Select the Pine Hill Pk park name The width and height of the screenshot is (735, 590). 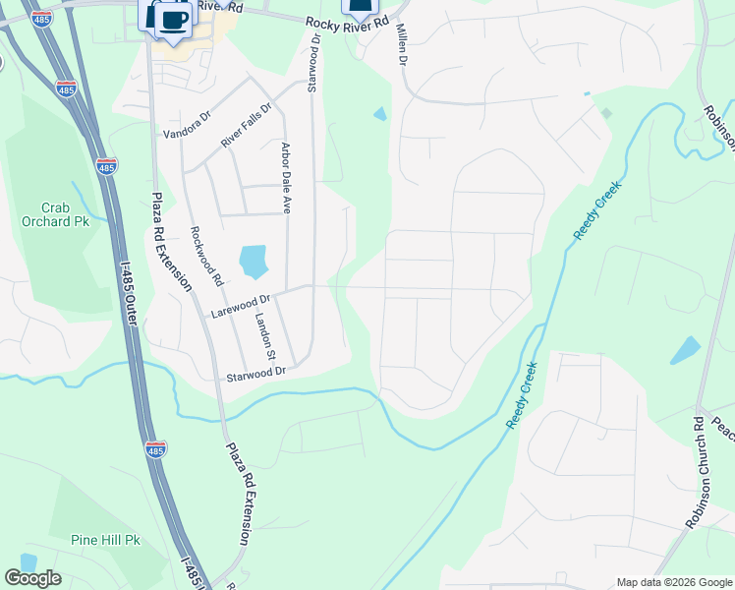(x=106, y=540)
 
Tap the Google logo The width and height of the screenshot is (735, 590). (x=32, y=578)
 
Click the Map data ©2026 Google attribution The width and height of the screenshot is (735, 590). (x=674, y=582)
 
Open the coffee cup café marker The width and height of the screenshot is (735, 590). (x=174, y=19)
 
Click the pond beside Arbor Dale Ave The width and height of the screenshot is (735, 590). (x=254, y=261)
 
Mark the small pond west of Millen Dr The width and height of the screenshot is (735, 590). (x=380, y=114)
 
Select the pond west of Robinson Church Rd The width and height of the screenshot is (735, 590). (x=685, y=350)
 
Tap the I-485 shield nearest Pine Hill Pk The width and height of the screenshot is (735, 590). (x=156, y=449)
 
